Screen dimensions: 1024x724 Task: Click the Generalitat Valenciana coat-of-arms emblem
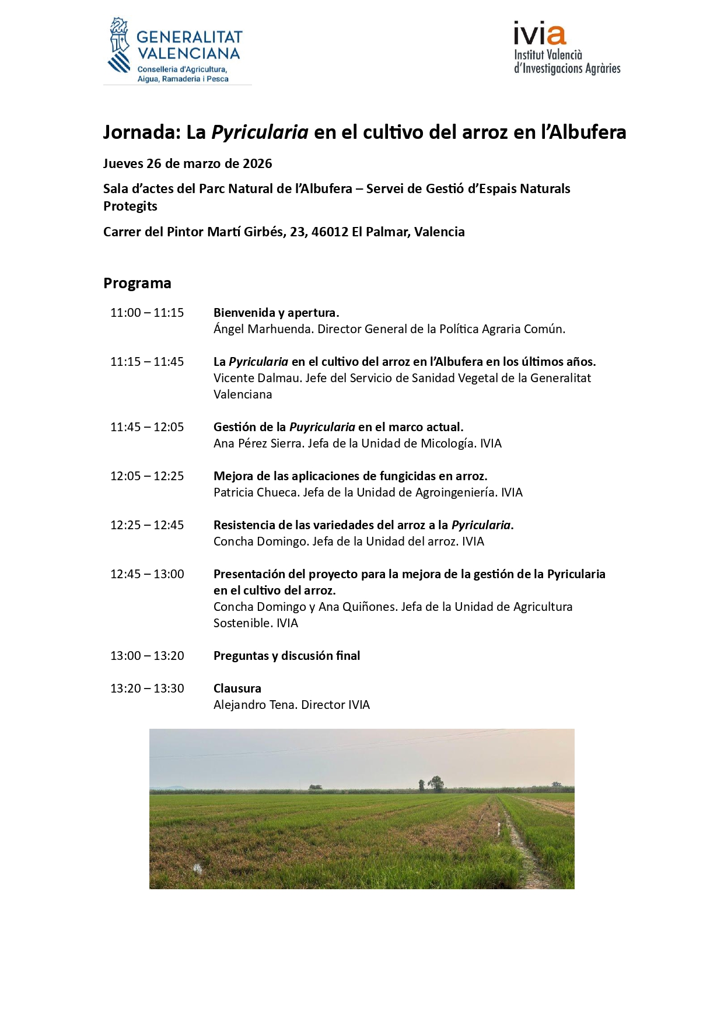(x=120, y=45)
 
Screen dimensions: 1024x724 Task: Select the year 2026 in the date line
(x=257, y=163)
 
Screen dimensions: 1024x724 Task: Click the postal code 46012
(x=330, y=232)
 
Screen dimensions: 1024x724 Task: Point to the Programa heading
(x=137, y=283)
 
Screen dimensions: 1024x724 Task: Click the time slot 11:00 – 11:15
(x=147, y=313)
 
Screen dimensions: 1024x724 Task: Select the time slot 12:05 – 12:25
(x=147, y=476)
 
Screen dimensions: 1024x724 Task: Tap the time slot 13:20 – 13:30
(x=147, y=689)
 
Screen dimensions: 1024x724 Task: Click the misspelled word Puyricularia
(x=322, y=427)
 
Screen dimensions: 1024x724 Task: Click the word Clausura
(x=237, y=689)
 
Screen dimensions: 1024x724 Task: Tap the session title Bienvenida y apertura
(x=276, y=313)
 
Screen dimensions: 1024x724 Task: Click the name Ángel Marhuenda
(x=264, y=329)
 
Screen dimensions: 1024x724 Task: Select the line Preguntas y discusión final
(x=286, y=656)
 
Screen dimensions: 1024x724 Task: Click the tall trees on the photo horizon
(x=435, y=783)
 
